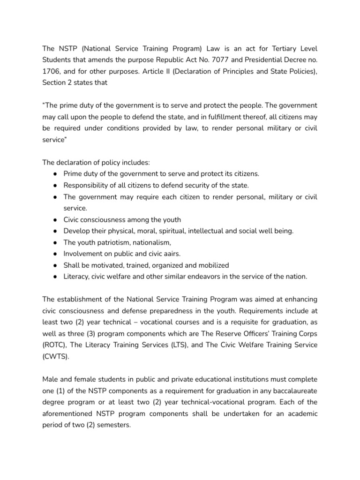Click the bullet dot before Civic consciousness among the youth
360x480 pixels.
tap(55, 220)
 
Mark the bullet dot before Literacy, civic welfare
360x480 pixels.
tap(55, 277)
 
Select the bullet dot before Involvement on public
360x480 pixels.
tap(55, 254)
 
